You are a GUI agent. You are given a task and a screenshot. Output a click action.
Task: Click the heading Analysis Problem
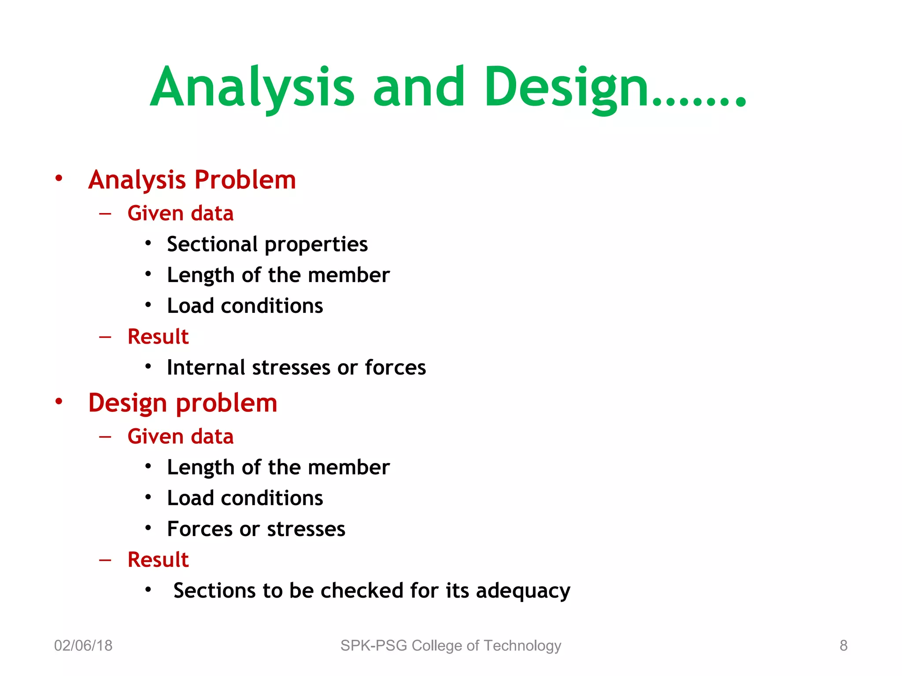coord(192,180)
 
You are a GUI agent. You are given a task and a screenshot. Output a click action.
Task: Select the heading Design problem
coord(183,403)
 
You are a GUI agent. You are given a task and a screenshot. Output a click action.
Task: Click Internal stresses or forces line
coord(296,367)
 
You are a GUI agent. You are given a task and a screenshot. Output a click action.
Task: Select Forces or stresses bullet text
coord(256,529)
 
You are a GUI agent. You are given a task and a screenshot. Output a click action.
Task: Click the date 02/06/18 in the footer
coord(83,646)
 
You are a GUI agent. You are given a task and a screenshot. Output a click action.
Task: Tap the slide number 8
coord(843,646)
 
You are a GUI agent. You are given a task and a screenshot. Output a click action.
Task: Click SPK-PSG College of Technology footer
coord(451,646)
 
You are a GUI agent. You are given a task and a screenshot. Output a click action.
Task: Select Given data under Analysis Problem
coord(181,213)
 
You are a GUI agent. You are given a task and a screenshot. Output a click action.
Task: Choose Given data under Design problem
coord(181,437)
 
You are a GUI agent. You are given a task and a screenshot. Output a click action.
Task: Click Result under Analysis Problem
coord(158,337)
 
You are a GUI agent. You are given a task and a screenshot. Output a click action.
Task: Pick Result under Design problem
coord(158,560)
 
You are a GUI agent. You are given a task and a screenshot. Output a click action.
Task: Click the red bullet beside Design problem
coord(59,401)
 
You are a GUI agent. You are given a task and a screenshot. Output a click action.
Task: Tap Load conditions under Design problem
coord(245,498)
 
